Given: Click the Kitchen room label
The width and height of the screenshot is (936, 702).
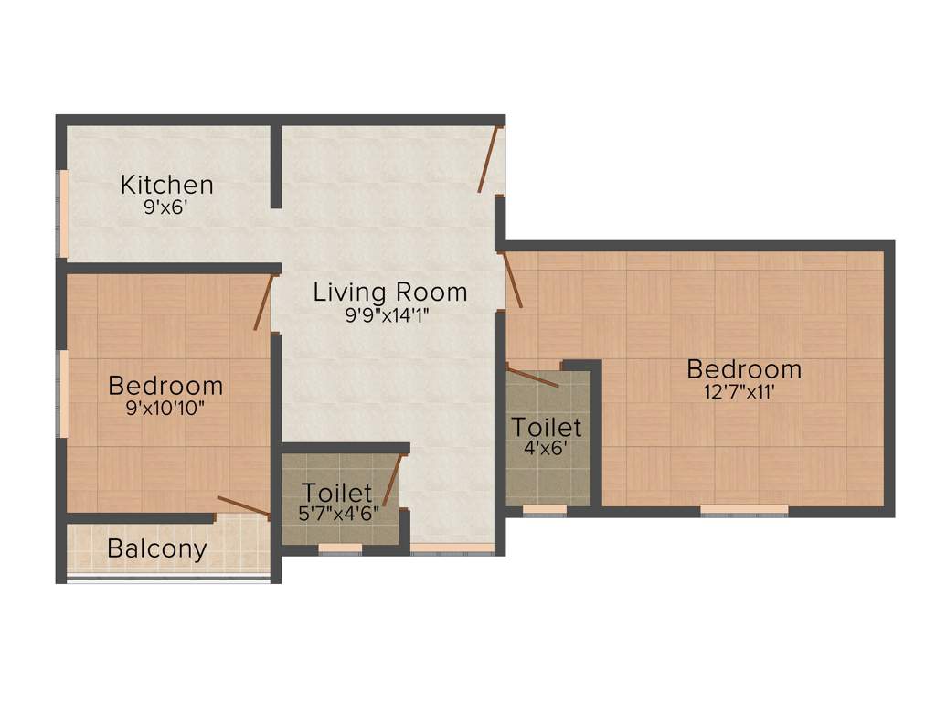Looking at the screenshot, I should pyautogui.click(x=166, y=185).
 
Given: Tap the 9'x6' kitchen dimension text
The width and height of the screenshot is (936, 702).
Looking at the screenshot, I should pyautogui.click(x=166, y=207).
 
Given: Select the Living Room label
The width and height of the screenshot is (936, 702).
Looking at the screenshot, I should pyautogui.click(x=390, y=292).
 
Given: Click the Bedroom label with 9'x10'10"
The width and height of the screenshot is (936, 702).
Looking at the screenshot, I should pyautogui.click(x=165, y=385).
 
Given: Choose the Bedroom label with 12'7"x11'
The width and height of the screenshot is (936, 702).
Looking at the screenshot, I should pyautogui.click(x=744, y=369).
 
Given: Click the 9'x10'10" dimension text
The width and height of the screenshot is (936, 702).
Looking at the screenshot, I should pyautogui.click(x=165, y=409).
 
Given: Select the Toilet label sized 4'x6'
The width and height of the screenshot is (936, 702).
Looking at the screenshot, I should pyautogui.click(x=547, y=427).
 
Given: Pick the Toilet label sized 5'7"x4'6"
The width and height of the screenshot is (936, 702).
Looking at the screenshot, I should pyautogui.click(x=338, y=494).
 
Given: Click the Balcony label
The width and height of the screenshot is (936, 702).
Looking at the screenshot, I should pyautogui.click(x=156, y=549).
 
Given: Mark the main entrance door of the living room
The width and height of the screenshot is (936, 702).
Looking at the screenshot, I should pyautogui.click(x=488, y=159).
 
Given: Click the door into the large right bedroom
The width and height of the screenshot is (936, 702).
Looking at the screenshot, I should pyautogui.click(x=513, y=279).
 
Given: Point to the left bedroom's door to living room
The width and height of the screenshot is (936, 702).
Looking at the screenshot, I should pyautogui.click(x=263, y=301).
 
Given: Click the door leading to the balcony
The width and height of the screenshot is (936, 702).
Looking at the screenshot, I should pyautogui.click(x=242, y=507).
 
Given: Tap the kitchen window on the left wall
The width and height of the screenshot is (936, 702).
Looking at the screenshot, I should pyautogui.click(x=64, y=213).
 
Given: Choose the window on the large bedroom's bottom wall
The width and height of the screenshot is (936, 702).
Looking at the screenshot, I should pyautogui.click(x=744, y=509).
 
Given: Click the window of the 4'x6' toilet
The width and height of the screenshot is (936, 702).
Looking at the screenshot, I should pyautogui.click(x=545, y=509).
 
